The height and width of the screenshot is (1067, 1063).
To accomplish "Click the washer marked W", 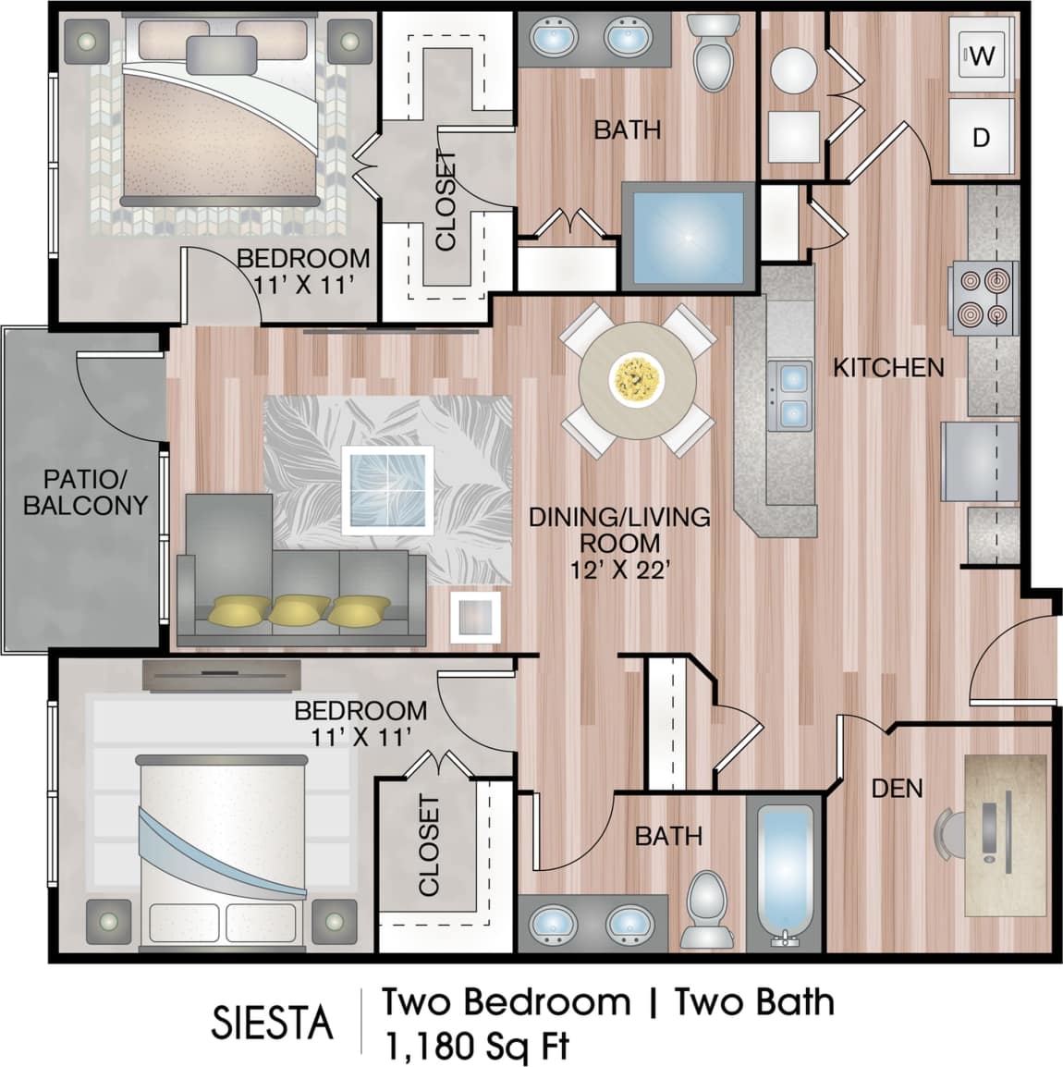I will tap(982, 55).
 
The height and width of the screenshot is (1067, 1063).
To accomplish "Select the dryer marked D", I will tap(982, 137).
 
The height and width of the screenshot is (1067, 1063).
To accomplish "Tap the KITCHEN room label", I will tap(888, 368).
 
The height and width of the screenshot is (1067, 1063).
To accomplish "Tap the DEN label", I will tap(897, 788).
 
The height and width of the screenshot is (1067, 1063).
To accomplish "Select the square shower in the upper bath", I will tap(687, 237).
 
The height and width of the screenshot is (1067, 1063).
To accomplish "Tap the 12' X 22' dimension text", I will tap(619, 569).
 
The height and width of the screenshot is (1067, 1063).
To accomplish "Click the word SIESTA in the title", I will tap(272, 1023).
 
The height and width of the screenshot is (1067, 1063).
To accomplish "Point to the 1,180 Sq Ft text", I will tap(475, 1047).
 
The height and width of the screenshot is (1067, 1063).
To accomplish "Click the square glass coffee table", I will tap(387, 490).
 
